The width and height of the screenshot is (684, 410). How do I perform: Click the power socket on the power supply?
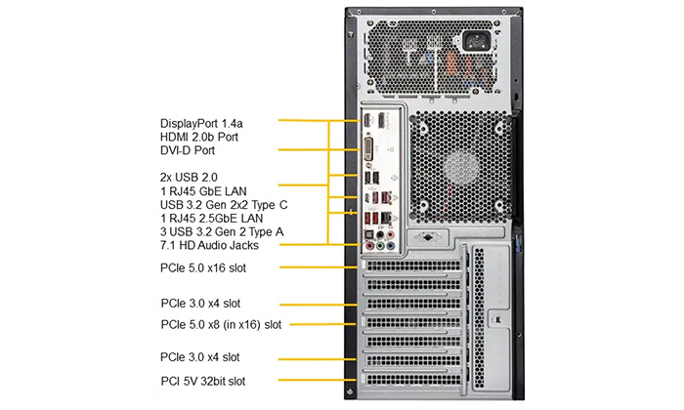(x=476, y=41)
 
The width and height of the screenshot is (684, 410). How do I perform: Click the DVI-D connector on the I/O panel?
(x=368, y=148)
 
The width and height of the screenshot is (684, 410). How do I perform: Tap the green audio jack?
(x=380, y=247)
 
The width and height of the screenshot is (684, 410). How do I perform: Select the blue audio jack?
(x=391, y=247)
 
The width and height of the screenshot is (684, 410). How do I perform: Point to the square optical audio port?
(x=369, y=235)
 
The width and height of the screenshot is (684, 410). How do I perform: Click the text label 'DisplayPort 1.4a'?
(x=201, y=124)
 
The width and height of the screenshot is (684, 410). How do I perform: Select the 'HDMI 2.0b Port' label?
(x=199, y=138)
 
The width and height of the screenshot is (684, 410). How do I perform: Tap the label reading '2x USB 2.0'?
(x=189, y=178)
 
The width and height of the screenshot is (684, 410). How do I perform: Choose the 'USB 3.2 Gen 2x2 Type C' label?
(x=224, y=205)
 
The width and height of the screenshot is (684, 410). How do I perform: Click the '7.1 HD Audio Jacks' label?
(x=209, y=245)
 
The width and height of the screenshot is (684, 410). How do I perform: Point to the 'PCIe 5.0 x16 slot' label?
(x=203, y=267)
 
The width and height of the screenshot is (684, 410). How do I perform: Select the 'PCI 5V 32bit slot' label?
(x=203, y=382)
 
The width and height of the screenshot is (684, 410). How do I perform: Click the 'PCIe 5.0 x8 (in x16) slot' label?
(x=221, y=325)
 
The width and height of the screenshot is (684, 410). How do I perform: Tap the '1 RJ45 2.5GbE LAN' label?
(x=212, y=219)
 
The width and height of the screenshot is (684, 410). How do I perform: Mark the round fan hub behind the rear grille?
(x=462, y=166)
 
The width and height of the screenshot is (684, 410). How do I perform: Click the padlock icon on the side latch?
(x=497, y=320)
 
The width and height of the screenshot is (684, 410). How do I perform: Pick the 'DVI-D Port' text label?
(x=188, y=150)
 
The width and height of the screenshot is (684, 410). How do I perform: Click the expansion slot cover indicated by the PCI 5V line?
(x=412, y=380)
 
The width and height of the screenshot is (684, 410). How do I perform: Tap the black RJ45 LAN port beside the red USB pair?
(x=386, y=218)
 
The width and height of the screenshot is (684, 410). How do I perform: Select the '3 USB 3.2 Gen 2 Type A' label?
(x=222, y=231)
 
